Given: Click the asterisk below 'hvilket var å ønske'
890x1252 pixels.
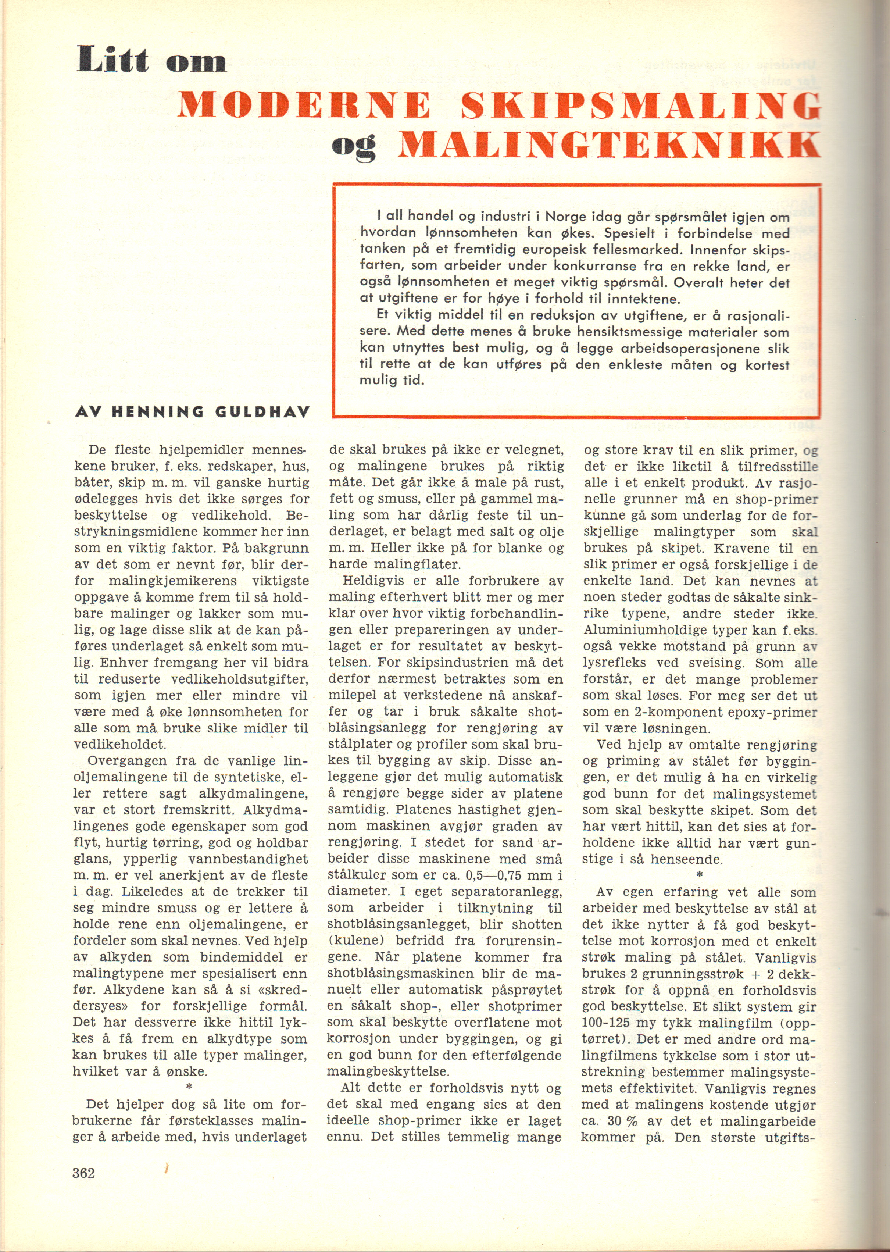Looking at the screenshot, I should click(x=189, y=1085).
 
